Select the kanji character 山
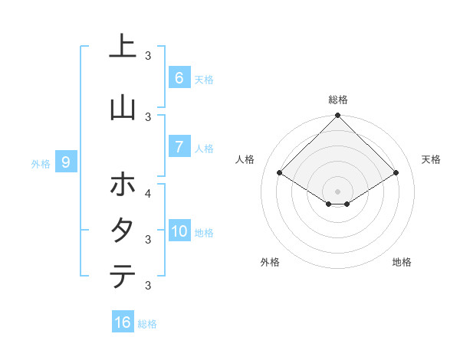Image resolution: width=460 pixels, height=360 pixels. point(123,108)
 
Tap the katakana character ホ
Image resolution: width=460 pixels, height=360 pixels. point(123,185)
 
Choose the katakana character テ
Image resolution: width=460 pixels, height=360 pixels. point(123,276)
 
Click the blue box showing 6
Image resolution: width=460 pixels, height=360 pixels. point(179,77)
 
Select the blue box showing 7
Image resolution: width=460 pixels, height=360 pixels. point(179,147)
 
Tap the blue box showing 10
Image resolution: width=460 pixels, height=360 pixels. point(179,231)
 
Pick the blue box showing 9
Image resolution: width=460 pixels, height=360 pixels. point(66,162)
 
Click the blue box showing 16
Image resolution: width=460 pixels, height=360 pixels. point(123,322)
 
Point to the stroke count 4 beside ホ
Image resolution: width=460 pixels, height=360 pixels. point(148,193)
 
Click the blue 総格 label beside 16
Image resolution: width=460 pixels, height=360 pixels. point(148,324)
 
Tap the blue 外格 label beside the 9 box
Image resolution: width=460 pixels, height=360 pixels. point(41,163)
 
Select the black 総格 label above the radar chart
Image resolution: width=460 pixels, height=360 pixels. point(337,100)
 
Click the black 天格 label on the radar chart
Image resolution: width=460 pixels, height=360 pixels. point(431,159)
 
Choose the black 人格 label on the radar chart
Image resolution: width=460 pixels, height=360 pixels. point(245,159)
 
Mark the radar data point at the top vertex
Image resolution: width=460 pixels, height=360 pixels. point(337,116)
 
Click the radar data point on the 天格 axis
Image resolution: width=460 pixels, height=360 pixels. point(396,173)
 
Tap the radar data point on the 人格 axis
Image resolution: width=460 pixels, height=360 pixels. point(279,173)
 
